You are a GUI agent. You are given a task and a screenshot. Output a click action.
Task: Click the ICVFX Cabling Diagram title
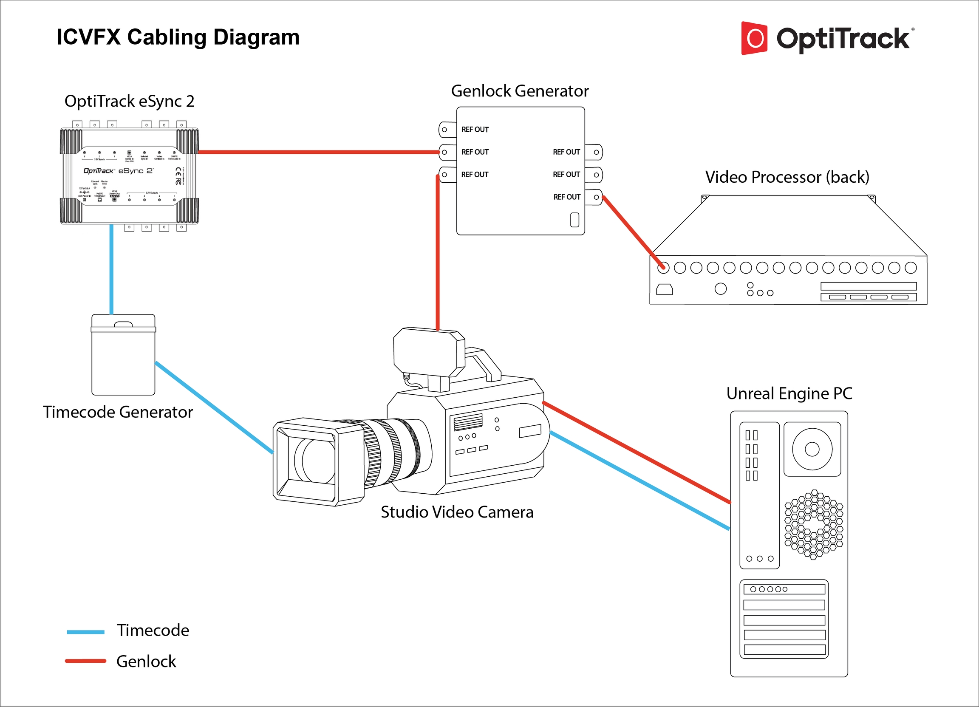178,37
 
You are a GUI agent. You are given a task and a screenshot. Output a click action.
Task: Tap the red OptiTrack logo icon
754,38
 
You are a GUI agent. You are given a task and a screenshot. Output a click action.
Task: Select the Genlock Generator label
520,91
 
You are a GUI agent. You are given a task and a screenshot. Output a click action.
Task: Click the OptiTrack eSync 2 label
129,102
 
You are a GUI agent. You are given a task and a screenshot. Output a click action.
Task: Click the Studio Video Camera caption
457,512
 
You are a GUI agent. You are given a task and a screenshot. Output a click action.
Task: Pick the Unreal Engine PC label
789,393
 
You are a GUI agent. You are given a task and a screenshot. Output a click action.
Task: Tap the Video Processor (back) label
787,177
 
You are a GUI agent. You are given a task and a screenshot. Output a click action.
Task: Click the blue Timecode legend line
85,632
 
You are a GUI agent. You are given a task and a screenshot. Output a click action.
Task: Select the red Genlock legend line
85,661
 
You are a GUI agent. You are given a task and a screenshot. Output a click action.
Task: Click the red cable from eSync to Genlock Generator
320,152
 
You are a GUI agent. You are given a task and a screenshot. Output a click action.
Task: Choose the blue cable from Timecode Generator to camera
214,407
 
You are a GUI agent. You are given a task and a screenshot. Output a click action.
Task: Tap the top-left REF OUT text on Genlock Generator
475,130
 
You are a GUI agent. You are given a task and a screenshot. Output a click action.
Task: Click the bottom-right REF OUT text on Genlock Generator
567,197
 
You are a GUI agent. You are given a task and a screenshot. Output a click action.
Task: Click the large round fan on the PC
812,449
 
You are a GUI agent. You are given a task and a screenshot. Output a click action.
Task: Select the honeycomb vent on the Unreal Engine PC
813,524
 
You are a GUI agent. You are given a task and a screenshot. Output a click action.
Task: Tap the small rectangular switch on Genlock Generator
574,220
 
